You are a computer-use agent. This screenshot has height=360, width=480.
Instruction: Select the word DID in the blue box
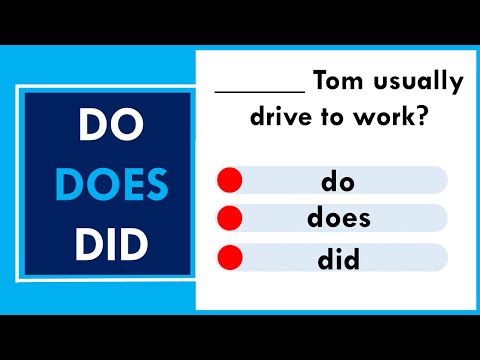coord(108,243)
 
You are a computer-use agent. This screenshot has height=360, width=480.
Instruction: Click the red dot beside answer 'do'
coord(230,181)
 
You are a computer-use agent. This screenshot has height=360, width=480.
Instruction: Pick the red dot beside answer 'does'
coord(230,218)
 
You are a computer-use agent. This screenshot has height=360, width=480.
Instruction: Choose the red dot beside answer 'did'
coord(230,256)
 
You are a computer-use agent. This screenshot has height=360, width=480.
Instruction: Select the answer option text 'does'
coord(339,218)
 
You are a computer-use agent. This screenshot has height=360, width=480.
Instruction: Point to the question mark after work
coord(423,117)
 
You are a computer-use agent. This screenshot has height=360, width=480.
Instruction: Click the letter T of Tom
coord(320,80)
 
